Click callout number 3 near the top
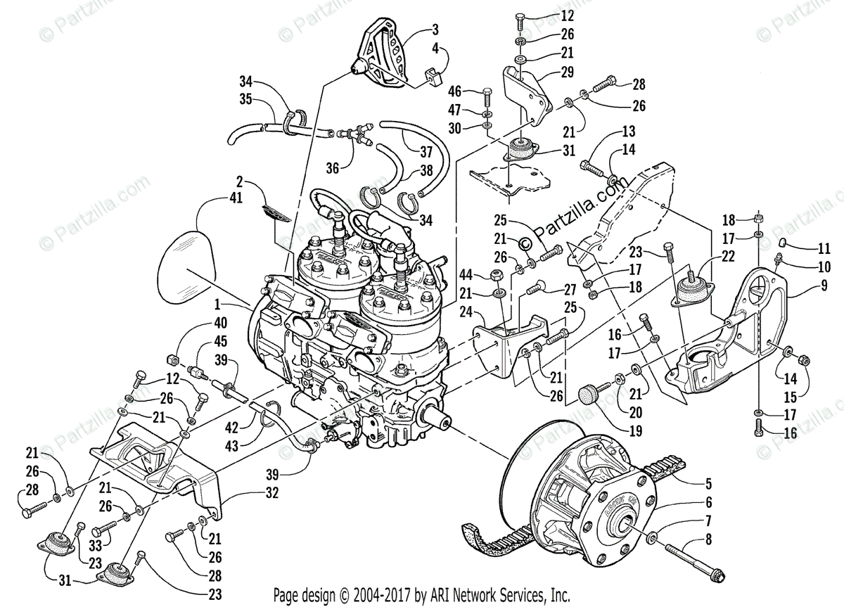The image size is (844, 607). click(x=435, y=30)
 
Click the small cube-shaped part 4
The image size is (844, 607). click(x=430, y=76)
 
